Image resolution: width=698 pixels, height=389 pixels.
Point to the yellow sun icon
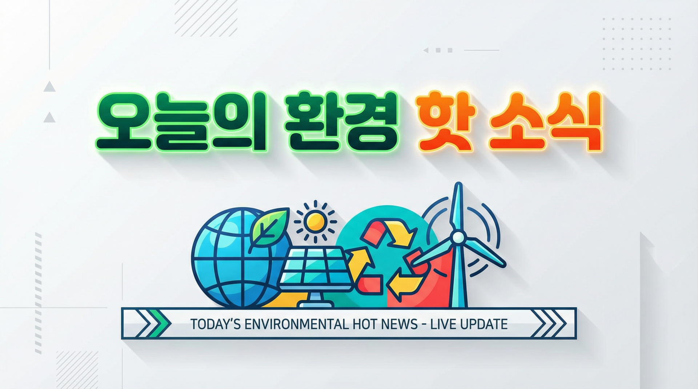click(315, 221)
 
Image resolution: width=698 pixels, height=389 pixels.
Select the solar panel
click(314, 269)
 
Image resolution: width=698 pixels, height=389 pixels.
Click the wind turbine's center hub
click(458, 238)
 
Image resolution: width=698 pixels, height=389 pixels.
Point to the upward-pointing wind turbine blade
click(459, 207)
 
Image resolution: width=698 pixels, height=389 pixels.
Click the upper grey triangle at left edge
click(49, 87)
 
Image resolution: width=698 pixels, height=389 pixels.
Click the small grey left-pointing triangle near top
click(426, 50)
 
